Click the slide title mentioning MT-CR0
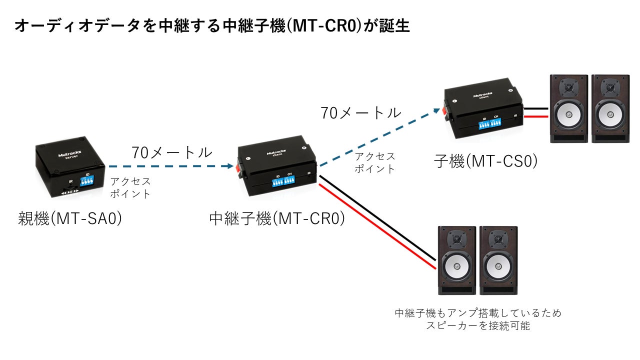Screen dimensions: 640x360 [x=212, y=26]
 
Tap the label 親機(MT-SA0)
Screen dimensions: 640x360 [x=70, y=218]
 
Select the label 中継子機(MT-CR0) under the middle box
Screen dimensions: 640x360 [x=277, y=219]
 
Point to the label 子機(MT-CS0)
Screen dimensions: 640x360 [x=485, y=161]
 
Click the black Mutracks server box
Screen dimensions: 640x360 [x=70, y=167]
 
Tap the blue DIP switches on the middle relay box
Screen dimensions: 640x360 [x=283, y=181]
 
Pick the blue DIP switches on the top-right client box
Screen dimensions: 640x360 [x=489, y=123]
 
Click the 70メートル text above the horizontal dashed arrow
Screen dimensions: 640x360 [x=171, y=152]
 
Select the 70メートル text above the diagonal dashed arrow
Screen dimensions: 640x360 [x=361, y=113]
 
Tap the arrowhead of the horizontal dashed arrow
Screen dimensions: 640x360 [x=230, y=166]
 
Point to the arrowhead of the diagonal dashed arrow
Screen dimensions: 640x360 [x=436, y=110]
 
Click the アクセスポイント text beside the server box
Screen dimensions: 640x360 [x=130, y=187]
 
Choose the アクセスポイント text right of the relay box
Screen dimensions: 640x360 [x=375, y=162]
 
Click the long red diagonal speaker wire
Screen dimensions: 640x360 [x=377, y=226]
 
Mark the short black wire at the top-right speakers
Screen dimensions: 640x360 [x=536, y=108]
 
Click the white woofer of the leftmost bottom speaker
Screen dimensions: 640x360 [x=456, y=266]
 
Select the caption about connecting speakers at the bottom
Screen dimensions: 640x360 [x=478, y=319]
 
